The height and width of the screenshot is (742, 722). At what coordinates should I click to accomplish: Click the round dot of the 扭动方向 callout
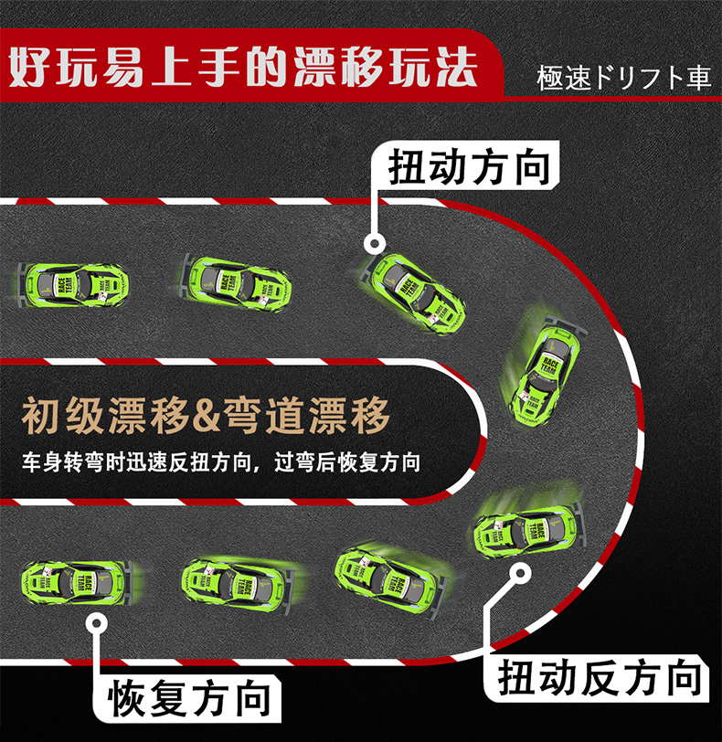point(374,244)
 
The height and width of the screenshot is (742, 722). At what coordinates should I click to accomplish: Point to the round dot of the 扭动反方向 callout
point(520,573)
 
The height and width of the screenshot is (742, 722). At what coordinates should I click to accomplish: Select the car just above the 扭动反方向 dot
point(526,531)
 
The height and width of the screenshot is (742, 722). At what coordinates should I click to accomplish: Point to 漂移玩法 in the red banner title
point(385,68)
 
